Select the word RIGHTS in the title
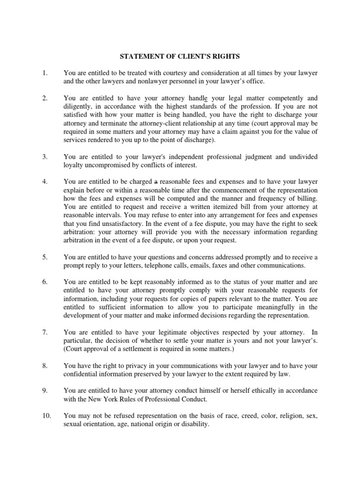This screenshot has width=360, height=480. click(226, 57)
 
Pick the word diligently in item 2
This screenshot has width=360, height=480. click(78, 106)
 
